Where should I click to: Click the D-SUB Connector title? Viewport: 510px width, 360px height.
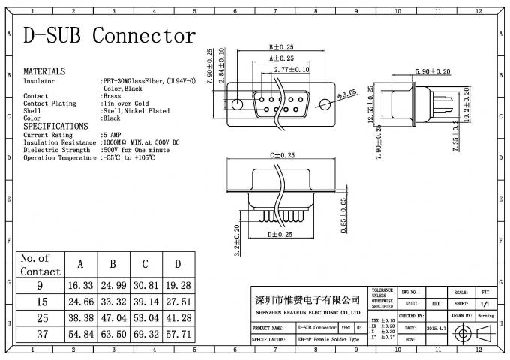[x=109, y=35]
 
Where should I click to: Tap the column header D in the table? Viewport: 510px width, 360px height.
[x=177, y=265]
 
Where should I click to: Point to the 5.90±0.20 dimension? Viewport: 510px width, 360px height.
[x=432, y=71]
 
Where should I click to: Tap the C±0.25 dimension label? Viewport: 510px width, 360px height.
[x=281, y=156]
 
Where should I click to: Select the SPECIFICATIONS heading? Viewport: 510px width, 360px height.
[x=55, y=126]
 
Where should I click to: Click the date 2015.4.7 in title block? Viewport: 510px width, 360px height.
[x=436, y=328]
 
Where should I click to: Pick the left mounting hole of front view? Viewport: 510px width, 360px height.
[x=238, y=105]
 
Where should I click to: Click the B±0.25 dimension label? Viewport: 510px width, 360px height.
[x=281, y=46]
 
